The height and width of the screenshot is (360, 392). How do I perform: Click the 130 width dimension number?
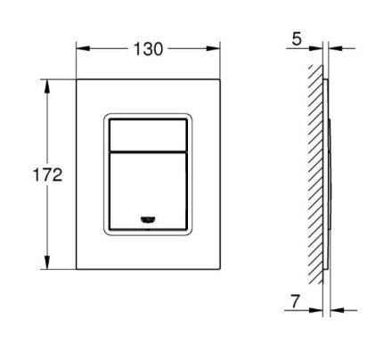pyautogui.click(x=148, y=49)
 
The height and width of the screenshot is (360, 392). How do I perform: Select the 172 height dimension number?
pyautogui.click(x=47, y=175)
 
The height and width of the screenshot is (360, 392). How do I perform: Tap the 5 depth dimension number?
pyautogui.click(x=297, y=39)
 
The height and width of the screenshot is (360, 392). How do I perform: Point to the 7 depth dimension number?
pyautogui.click(x=295, y=301)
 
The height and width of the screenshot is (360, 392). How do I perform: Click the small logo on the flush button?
pyautogui.click(x=148, y=219)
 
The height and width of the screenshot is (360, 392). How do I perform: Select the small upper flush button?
pyautogui.click(x=148, y=135)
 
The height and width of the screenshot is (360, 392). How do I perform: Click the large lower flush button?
pyautogui.click(x=148, y=191)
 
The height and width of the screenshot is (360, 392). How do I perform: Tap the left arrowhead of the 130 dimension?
pyautogui.click(x=83, y=48)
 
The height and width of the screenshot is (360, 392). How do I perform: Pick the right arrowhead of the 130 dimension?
pyautogui.click(x=214, y=48)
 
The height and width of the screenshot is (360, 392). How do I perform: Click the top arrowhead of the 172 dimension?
pyautogui.click(x=47, y=86)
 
